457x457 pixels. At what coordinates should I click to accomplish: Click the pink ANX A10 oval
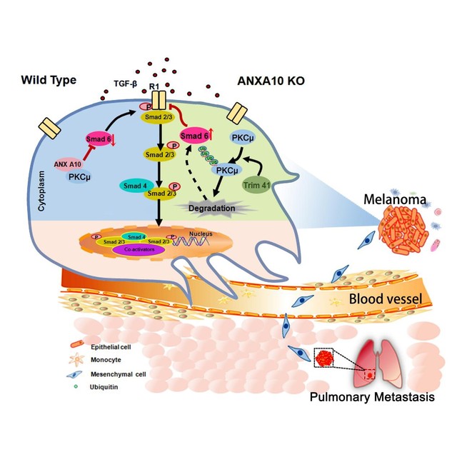coord(66,164)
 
